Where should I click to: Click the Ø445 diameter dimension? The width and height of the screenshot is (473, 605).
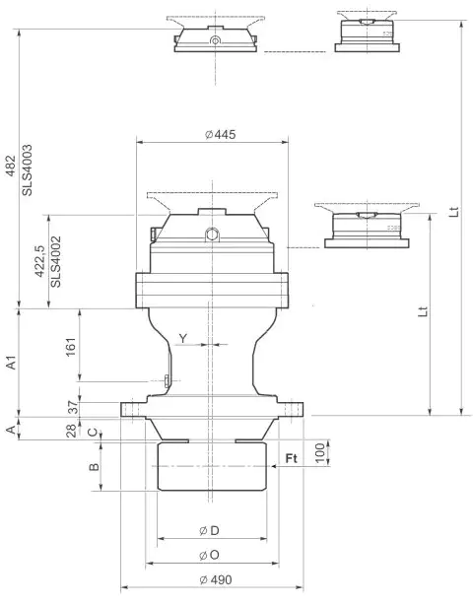(213, 134)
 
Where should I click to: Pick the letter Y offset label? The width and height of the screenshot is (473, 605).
(183, 338)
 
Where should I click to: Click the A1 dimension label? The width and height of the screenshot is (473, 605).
(11, 362)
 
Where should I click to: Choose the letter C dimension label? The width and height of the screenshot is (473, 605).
(92, 432)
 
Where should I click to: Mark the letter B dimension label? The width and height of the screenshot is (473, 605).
(92, 467)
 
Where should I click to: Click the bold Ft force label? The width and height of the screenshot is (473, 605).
(293, 458)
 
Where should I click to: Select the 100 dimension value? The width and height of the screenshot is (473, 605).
(319, 452)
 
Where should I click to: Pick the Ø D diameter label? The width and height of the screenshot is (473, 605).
(208, 531)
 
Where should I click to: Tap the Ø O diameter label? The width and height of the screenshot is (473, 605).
(208, 556)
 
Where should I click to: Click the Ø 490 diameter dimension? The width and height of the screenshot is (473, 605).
(213, 579)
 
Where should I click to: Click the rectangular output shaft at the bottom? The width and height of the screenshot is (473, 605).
(213, 466)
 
